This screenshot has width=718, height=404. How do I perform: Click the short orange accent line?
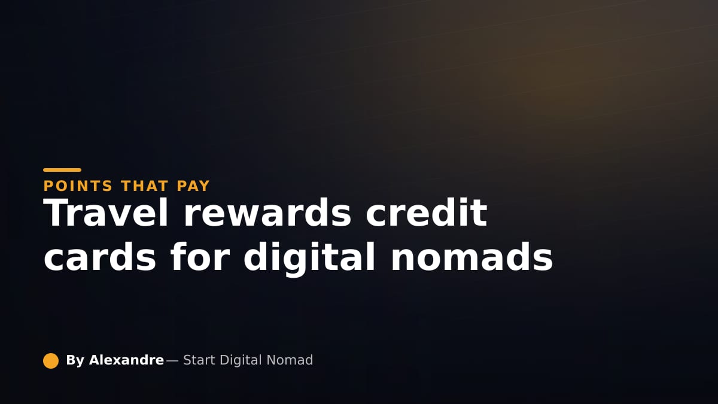click(62, 170)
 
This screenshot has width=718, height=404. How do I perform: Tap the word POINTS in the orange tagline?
click(78, 186)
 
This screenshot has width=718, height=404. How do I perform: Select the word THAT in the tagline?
click(145, 186)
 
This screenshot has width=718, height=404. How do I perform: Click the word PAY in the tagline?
click(193, 186)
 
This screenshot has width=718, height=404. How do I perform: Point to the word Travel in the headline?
click(106, 212)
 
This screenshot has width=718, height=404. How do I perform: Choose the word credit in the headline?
click(427, 212)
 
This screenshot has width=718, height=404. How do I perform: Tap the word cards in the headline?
click(100, 257)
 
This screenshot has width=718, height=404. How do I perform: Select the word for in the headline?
click(200, 257)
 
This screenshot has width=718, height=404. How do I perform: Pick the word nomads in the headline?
click(471, 257)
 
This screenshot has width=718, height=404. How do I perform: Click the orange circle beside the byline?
click(51, 361)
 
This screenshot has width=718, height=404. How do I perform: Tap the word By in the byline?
click(75, 361)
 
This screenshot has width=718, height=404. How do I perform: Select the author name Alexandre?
click(127, 360)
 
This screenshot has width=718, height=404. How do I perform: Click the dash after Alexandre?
click(172, 361)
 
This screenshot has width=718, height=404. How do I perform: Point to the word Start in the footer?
click(199, 360)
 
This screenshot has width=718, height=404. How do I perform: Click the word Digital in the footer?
click(241, 361)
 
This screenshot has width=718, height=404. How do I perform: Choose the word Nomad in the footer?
click(290, 360)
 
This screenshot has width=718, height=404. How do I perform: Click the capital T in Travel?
click(56, 212)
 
